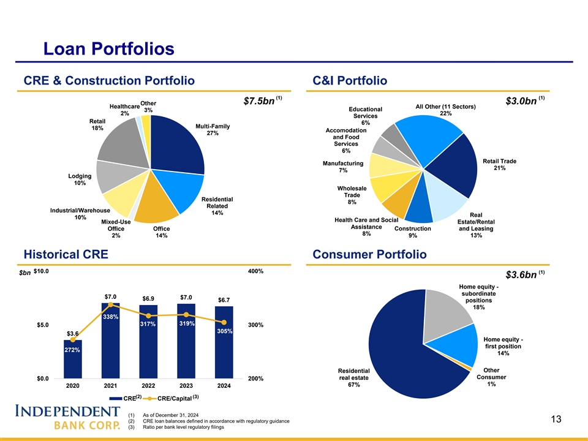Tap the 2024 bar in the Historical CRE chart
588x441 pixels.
coord(224,343)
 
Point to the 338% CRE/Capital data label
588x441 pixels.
coord(111,317)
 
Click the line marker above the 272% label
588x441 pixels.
coord(73,339)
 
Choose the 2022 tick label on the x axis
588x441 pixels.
coord(148,386)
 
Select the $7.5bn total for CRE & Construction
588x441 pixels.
coord(259,100)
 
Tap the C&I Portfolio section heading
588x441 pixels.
coord(350,81)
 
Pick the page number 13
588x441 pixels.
coord(556,419)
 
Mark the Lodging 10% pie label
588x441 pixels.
coord(80,179)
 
